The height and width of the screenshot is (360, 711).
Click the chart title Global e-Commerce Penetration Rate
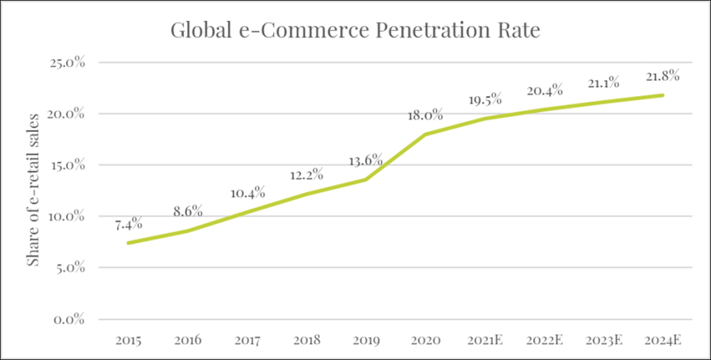point(355,31)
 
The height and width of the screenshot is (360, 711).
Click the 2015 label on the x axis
point(129,340)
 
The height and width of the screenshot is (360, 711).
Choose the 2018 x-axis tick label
point(307,340)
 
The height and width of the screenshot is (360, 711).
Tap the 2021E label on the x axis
point(484,340)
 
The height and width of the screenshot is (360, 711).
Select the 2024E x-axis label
point(662,340)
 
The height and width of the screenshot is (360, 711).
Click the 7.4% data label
point(129,224)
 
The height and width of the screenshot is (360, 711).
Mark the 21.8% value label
point(662,76)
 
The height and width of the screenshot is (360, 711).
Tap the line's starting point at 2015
point(129,243)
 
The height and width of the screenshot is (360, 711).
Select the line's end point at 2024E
point(662,95)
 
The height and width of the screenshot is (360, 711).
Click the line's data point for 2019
point(366,179)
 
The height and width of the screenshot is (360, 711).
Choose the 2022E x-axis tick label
point(544,340)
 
